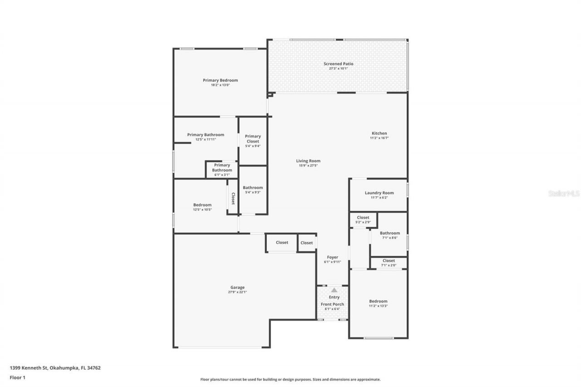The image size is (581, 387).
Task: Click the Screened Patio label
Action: (338, 64)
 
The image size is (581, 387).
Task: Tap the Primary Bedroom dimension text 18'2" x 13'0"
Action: (220, 85)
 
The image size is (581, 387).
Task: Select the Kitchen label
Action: (379, 133)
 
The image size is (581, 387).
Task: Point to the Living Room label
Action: (308, 161)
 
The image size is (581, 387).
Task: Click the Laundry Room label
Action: (379, 193)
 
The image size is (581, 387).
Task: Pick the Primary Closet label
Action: (253, 139)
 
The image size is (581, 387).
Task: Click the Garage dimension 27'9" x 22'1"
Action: (237, 292)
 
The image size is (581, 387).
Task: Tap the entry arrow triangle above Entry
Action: (334, 290)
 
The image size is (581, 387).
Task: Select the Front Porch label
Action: (332, 304)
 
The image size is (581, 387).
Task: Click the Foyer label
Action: (332, 257)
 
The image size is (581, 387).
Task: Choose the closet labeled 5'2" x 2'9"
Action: (363, 220)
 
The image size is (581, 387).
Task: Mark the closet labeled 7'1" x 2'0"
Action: (389, 263)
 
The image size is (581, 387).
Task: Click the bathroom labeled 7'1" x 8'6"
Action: (390, 235)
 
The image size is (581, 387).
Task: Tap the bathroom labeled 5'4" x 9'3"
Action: (253, 190)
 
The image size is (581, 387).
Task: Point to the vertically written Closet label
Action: (233, 199)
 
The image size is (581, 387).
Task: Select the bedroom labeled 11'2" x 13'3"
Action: (378, 303)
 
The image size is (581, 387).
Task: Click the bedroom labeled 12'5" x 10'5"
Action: (202, 207)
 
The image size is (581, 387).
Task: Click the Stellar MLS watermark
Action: (564, 193)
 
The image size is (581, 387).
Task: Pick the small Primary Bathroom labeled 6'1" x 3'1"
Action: (222, 170)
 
